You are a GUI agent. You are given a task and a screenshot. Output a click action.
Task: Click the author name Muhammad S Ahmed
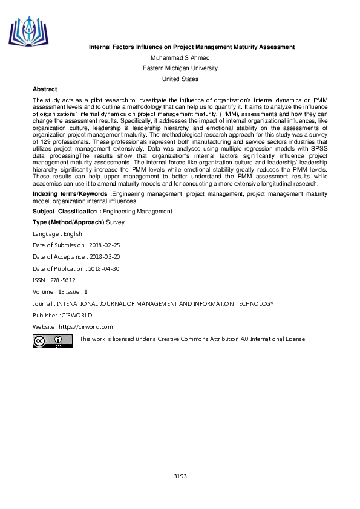180,57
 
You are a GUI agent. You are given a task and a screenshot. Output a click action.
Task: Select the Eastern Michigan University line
180,68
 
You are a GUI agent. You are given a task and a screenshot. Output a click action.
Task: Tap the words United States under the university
180,79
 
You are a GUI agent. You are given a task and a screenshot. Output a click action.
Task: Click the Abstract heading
45,89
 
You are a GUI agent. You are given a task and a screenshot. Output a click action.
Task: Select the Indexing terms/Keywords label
71,193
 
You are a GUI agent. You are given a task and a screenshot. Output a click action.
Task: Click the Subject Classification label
67,212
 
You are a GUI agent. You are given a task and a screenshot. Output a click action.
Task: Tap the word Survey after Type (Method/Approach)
115,222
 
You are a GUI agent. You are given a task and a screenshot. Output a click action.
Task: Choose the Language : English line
57,234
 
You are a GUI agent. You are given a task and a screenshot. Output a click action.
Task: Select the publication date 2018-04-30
102,268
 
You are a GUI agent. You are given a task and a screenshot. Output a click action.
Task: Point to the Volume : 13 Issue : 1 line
60,291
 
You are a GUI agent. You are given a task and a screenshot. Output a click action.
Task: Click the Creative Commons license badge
53,341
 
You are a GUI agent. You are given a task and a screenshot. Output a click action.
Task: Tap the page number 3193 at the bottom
180,476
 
